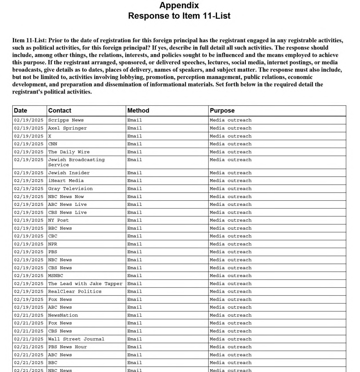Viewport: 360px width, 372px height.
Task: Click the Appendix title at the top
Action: (x=179, y=6)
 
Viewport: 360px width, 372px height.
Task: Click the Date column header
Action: (x=20, y=111)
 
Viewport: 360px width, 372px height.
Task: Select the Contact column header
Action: (x=60, y=111)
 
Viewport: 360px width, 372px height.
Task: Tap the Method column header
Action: (x=138, y=111)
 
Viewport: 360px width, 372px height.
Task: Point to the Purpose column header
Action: (x=222, y=111)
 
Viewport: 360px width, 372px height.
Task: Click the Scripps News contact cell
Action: (x=66, y=120)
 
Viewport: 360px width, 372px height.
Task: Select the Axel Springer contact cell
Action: (x=67, y=128)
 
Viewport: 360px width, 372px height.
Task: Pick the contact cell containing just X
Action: (x=50, y=136)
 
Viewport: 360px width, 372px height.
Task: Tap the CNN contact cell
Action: (x=53, y=144)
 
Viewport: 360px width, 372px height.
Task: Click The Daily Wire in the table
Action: (x=69, y=152)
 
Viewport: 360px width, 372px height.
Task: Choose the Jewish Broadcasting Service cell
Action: (x=76, y=162)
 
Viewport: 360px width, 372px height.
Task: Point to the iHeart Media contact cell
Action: (x=66, y=181)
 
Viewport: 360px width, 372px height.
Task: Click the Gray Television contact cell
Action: (x=70, y=189)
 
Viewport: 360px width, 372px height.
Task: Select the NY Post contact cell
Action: (x=59, y=220)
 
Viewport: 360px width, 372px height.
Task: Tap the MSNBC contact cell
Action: (x=56, y=276)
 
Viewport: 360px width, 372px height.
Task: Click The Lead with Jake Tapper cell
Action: (x=85, y=284)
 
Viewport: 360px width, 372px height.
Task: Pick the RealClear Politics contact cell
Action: (x=75, y=292)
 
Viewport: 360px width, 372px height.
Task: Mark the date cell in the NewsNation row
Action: (x=29, y=315)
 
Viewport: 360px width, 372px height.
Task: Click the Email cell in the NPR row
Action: (x=135, y=244)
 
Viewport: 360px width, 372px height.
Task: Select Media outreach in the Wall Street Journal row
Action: (x=231, y=339)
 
